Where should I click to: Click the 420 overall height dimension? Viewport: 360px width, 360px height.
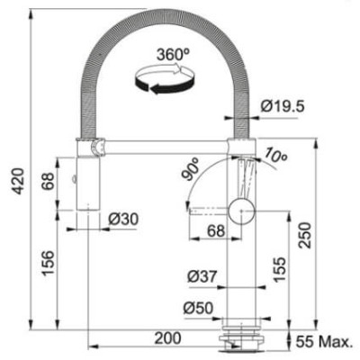pos(19,181)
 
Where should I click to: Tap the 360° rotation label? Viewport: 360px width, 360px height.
pos(174,54)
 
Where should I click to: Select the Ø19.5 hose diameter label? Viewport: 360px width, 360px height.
pos(283,106)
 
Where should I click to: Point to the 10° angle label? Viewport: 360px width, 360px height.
pos(275,155)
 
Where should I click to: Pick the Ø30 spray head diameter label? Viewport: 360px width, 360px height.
pos(123,220)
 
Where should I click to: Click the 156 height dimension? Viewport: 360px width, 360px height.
pos(48,263)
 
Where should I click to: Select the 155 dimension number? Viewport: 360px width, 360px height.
pos(280,269)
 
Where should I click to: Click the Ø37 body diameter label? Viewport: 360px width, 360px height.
pos(202,276)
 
